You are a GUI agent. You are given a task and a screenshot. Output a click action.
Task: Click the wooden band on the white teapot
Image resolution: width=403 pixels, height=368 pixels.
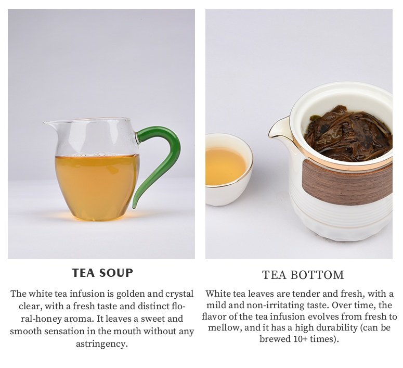coord(347,183)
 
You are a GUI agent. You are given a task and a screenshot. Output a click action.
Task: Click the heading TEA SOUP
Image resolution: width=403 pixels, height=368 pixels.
coord(102,273)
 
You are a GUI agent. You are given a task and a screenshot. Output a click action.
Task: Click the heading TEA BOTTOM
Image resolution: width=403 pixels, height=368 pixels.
coord(303,275)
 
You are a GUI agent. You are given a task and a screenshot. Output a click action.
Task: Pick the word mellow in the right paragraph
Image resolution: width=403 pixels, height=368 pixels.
coord(224,328)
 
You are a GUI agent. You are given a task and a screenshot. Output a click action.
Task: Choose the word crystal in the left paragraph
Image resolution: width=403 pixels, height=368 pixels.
coord(179,294)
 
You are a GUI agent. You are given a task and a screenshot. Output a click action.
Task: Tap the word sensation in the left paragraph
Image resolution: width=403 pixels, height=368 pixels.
coord(64,331)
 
